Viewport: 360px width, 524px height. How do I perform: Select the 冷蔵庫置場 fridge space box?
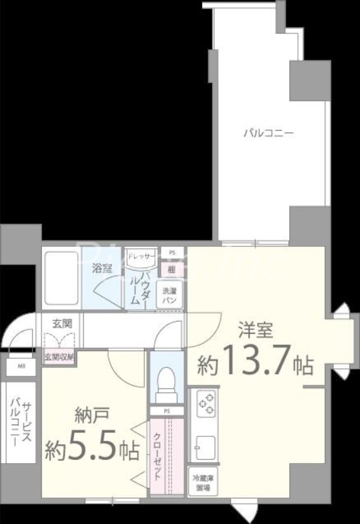(201, 482)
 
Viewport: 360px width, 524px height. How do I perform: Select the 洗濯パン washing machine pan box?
(170, 294)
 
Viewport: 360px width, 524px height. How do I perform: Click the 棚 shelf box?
(171, 267)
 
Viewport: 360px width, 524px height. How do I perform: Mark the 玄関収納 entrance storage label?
(60, 357)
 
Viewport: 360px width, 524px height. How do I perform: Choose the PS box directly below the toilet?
(166, 411)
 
